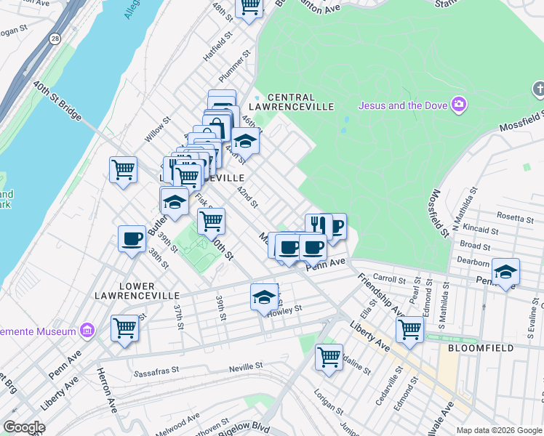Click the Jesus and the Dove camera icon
(x=458, y=105)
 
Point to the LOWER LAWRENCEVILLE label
(x=137, y=291)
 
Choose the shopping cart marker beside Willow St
(x=123, y=170)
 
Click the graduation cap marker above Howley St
(x=264, y=296)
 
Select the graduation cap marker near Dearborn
(x=505, y=272)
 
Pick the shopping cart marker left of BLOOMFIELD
(x=409, y=328)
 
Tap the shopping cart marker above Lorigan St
(x=329, y=357)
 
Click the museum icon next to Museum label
(x=87, y=331)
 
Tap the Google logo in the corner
(x=24, y=427)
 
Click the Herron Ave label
(x=106, y=389)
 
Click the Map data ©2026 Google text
(x=498, y=430)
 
